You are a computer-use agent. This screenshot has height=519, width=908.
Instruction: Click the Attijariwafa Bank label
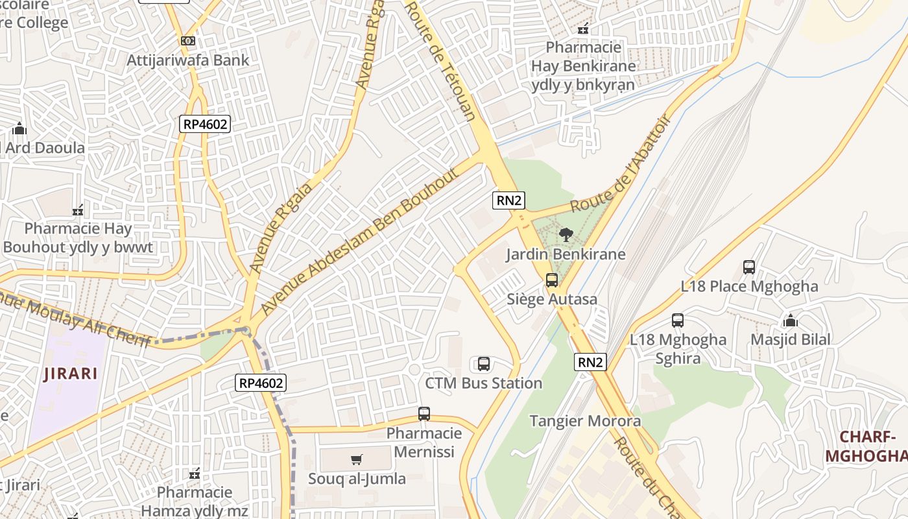pos(188,60)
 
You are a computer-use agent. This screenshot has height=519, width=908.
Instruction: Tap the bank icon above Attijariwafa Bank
pos(188,41)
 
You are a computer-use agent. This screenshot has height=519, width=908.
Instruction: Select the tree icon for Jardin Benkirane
pos(566,235)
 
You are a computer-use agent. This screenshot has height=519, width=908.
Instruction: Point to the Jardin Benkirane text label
pos(566,254)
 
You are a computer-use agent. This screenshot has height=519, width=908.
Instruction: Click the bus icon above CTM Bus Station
pos(484,364)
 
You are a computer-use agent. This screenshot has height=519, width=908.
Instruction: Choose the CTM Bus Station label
pos(484,383)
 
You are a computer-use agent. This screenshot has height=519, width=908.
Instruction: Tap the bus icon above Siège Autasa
pos(552,280)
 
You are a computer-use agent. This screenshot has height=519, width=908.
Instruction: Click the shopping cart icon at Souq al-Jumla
pos(356,460)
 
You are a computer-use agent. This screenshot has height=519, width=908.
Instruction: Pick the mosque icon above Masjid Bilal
pos(790,320)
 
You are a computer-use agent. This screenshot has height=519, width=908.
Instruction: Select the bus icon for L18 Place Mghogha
pos(749,267)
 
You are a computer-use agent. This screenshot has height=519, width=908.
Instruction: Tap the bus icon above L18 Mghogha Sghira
pos(678,320)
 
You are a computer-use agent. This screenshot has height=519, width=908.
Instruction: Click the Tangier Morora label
pos(585,421)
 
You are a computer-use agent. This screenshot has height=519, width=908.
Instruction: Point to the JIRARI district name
pos(71,374)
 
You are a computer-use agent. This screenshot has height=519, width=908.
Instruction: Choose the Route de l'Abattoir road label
pos(619,164)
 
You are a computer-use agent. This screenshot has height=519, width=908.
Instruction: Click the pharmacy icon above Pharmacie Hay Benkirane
pos(583,29)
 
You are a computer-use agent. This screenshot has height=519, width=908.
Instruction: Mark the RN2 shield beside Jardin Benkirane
pos(508,200)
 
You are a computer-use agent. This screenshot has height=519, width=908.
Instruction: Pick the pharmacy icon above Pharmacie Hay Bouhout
pos(78,210)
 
